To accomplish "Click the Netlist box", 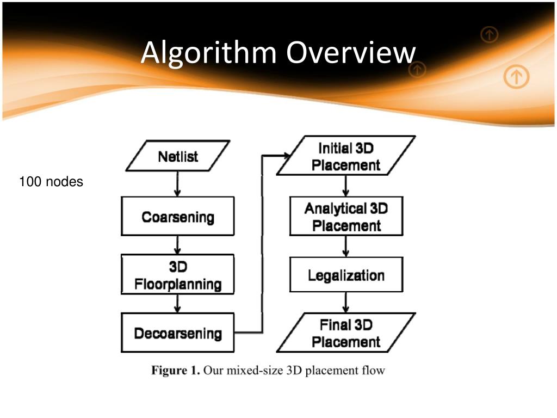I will (x=178, y=156).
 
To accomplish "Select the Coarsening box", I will (x=178, y=217).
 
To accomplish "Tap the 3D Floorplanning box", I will (x=178, y=275).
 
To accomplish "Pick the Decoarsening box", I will (x=178, y=333).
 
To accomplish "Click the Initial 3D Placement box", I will (x=346, y=156).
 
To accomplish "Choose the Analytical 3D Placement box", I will (x=346, y=216).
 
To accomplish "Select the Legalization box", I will (x=346, y=274).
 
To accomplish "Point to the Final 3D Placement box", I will (x=346, y=333).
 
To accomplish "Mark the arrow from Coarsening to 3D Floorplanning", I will (x=178, y=245).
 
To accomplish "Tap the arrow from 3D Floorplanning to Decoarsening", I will (x=178, y=303).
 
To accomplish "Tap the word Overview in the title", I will (x=351, y=53).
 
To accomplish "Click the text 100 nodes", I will (x=51, y=182).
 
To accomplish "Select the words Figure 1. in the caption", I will (x=176, y=371).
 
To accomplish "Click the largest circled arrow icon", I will (x=516, y=77).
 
